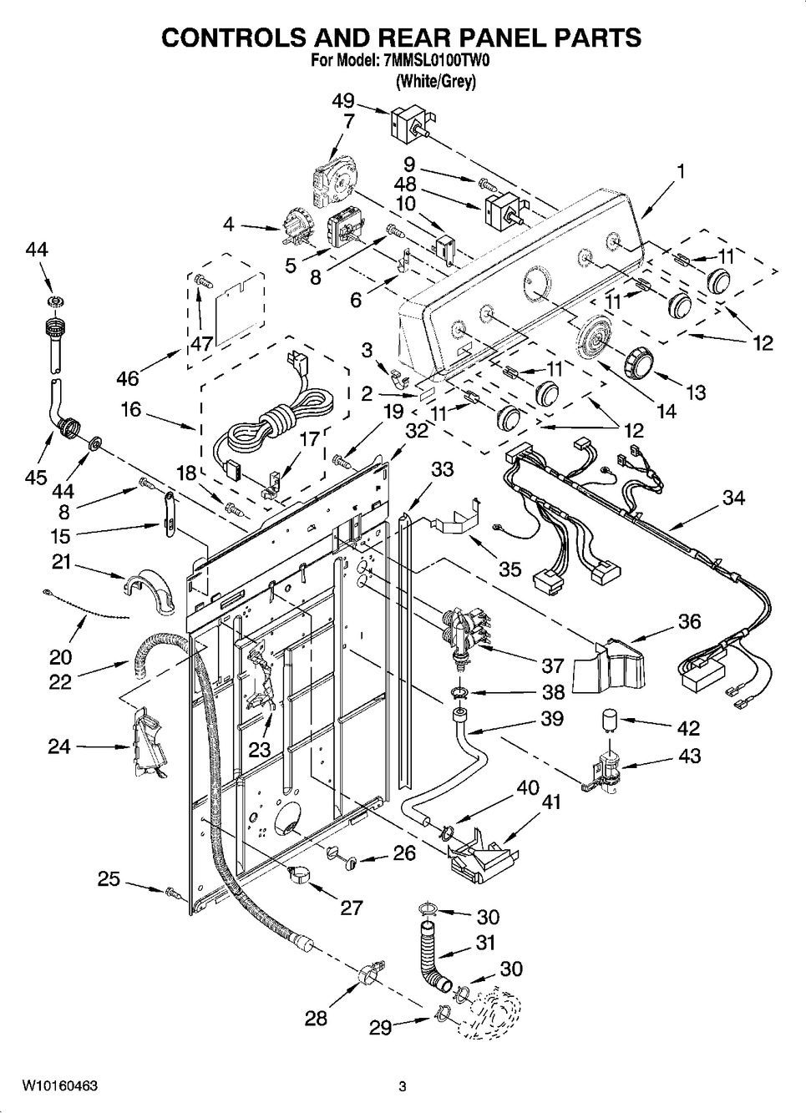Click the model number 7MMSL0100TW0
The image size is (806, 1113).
(x=435, y=61)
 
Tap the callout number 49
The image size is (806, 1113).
(x=342, y=101)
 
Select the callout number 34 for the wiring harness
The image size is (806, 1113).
(x=732, y=498)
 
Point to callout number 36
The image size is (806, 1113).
(x=689, y=621)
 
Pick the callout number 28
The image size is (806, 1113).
(x=316, y=1019)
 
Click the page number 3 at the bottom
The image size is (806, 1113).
(x=402, y=1086)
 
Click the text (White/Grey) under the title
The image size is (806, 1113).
(x=435, y=82)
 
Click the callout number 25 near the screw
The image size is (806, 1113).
(x=109, y=879)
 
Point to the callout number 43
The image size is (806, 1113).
(x=689, y=756)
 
